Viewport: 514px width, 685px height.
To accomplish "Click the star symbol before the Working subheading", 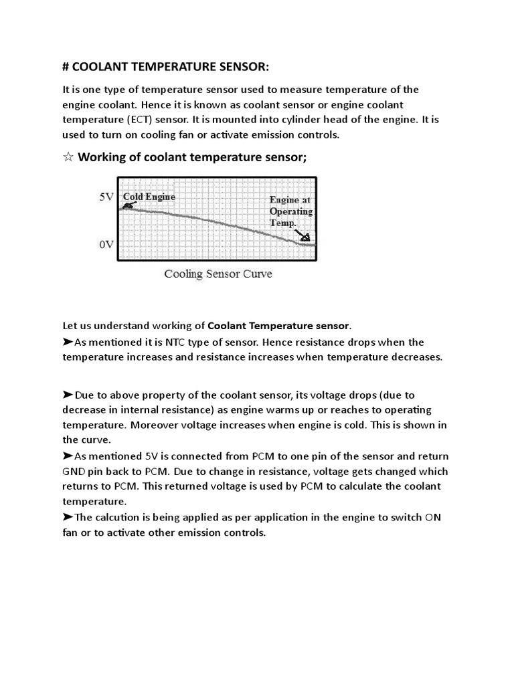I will click(68, 158).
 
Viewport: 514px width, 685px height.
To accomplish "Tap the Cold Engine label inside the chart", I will click(149, 197).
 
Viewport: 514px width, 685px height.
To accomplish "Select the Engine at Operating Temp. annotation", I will click(290, 211).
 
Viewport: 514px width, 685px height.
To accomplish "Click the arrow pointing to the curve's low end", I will click(302, 233).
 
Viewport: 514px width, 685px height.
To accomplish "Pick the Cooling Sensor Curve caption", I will click(218, 274).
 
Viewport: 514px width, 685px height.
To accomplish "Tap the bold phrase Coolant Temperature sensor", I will click(278, 326).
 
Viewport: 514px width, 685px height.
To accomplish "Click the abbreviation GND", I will click(74, 472).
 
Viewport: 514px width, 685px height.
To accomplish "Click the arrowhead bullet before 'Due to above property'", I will click(68, 395).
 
